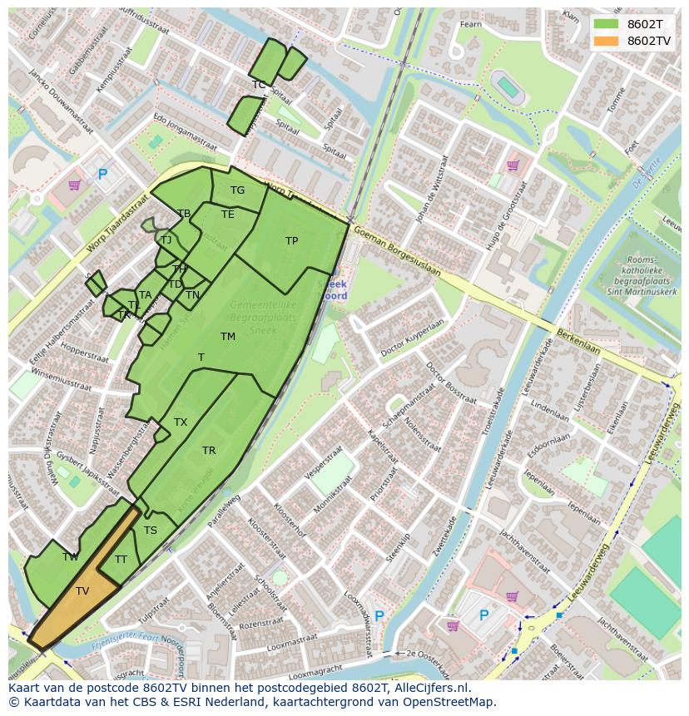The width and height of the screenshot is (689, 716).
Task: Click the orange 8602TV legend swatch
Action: (606, 41)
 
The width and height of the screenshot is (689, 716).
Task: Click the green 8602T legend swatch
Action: (606, 23)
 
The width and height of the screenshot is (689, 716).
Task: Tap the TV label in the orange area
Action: (82, 591)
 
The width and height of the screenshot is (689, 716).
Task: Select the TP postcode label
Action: (291, 241)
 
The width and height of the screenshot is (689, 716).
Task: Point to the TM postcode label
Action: (228, 337)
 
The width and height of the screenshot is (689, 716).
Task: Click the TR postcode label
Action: (209, 451)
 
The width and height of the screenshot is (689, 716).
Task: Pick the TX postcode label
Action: (181, 422)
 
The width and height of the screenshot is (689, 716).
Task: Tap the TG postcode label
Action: (237, 190)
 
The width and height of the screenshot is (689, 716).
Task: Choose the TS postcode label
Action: (151, 531)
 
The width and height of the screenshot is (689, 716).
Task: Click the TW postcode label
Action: (71, 557)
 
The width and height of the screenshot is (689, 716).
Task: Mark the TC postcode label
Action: (259, 85)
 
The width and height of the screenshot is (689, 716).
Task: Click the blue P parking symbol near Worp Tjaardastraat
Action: (102, 175)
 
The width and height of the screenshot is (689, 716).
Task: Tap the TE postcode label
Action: (227, 215)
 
